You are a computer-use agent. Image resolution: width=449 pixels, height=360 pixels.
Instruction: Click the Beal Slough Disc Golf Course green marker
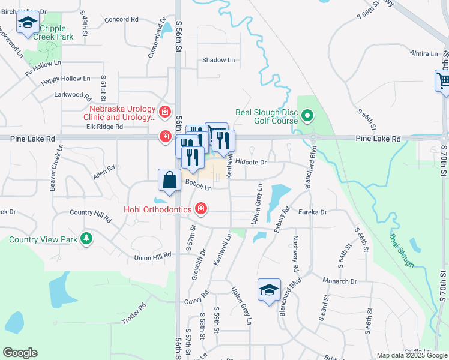307,115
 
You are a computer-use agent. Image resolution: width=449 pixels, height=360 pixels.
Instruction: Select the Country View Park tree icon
87,239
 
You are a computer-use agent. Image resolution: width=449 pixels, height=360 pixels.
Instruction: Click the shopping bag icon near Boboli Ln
170,180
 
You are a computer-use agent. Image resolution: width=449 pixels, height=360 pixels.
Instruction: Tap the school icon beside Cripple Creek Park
27,23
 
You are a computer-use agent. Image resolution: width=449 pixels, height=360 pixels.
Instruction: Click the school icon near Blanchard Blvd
268,290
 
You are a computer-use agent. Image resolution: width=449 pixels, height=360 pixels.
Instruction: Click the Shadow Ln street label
218,60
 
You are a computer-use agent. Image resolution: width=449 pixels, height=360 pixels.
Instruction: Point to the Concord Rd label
121,19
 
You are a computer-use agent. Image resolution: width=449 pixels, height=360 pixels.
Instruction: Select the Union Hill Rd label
153,257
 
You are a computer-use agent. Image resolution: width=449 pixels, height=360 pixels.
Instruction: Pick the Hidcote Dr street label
251,161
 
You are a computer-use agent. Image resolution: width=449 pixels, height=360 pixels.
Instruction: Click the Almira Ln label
424,54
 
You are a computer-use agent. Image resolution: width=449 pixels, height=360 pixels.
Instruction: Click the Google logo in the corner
20,353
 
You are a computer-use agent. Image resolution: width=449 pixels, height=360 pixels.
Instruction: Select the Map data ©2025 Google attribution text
411,355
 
